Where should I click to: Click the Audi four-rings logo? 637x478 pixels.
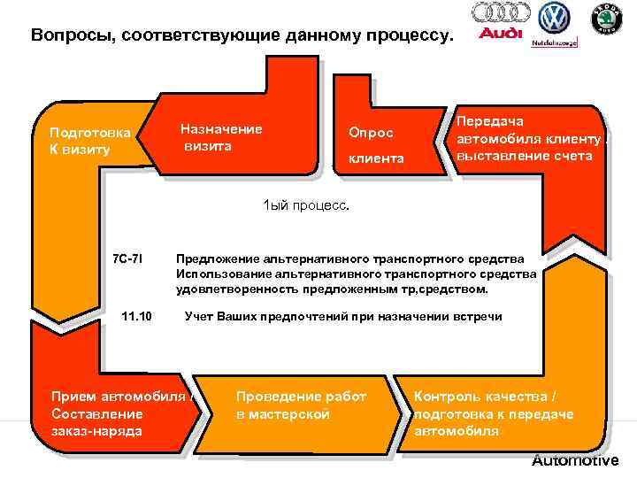pyautogui.click(x=502, y=12)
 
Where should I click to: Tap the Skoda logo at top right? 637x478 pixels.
pyautogui.click(x=607, y=18)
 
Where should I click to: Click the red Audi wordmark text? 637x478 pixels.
pyautogui.click(x=501, y=35)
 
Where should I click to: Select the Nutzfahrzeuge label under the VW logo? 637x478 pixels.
pyautogui.click(x=555, y=42)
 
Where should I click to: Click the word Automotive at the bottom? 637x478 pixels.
pyautogui.click(x=575, y=460)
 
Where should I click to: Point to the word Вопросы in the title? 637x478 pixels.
pyautogui.click(x=71, y=37)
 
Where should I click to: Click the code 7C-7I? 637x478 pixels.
pyautogui.click(x=129, y=259)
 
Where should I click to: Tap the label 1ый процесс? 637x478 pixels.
pyautogui.click(x=306, y=205)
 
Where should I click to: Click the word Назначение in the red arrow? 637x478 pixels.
pyautogui.click(x=220, y=129)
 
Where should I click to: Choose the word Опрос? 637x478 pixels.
pyautogui.click(x=371, y=133)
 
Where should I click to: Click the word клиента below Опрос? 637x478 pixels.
pyautogui.click(x=376, y=159)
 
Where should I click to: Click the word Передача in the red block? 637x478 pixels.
pyautogui.click(x=490, y=122)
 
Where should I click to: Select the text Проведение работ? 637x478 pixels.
pyautogui.click(x=301, y=397)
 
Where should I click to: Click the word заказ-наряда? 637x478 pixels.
pyautogui.click(x=96, y=430)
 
